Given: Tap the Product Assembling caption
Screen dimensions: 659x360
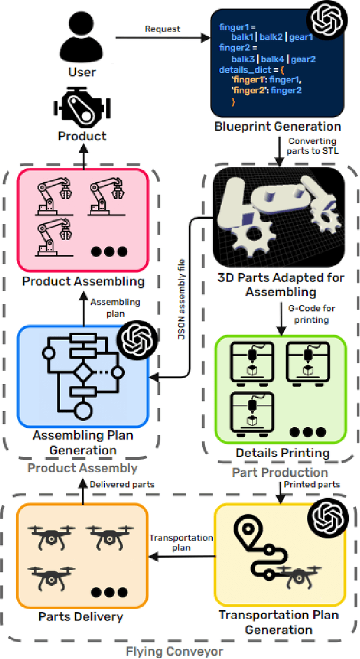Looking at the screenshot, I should (x=83, y=281).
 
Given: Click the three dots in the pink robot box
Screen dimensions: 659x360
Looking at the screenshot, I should (x=110, y=251).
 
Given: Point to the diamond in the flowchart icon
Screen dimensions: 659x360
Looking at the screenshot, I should (x=85, y=372).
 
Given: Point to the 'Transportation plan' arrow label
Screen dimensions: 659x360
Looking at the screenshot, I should (x=181, y=543).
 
